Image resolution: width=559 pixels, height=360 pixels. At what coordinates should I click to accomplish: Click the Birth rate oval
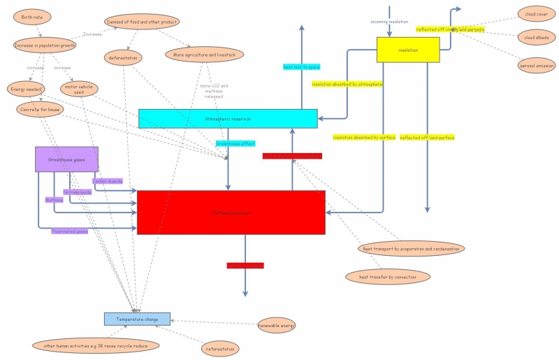(x=31, y=17)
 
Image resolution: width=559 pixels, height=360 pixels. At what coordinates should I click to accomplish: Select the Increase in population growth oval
(x=45, y=45)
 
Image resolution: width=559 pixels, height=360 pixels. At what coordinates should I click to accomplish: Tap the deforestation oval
(x=124, y=57)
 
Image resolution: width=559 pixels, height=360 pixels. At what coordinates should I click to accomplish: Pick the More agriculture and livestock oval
(x=204, y=55)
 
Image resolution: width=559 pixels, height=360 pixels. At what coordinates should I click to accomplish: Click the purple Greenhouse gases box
(x=66, y=159)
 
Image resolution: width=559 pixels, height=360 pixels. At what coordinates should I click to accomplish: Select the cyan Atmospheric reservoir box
(x=228, y=119)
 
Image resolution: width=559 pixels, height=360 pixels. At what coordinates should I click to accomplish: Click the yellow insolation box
(x=408, y=50)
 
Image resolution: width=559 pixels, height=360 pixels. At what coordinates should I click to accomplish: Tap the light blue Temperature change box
(x=137, y=319)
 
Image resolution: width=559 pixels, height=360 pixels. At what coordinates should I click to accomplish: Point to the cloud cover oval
(x=536, y=14)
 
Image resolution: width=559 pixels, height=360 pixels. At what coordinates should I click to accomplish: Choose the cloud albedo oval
(x=536, y=37)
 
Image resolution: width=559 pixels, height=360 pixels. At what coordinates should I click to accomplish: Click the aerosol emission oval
(x=536, y=65)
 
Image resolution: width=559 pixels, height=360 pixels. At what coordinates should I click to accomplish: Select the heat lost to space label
(x=301, y=67)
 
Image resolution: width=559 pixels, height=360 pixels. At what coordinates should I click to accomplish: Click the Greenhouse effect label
(x=235, y=143)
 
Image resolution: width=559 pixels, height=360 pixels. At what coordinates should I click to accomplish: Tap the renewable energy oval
(x=277, y=325)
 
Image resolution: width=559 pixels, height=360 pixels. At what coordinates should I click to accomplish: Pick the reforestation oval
(x=219, y=348)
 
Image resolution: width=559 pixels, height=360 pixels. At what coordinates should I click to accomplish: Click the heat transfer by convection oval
(x=387, y=277)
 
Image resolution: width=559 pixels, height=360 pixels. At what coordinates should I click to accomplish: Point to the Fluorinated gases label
(x=69, y=231)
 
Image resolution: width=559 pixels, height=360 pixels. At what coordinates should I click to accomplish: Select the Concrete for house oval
(x=39, y=110)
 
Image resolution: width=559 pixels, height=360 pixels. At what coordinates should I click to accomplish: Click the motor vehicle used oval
(x=78, y=89)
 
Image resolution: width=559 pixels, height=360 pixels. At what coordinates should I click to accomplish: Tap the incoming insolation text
(x=389, y=22)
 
